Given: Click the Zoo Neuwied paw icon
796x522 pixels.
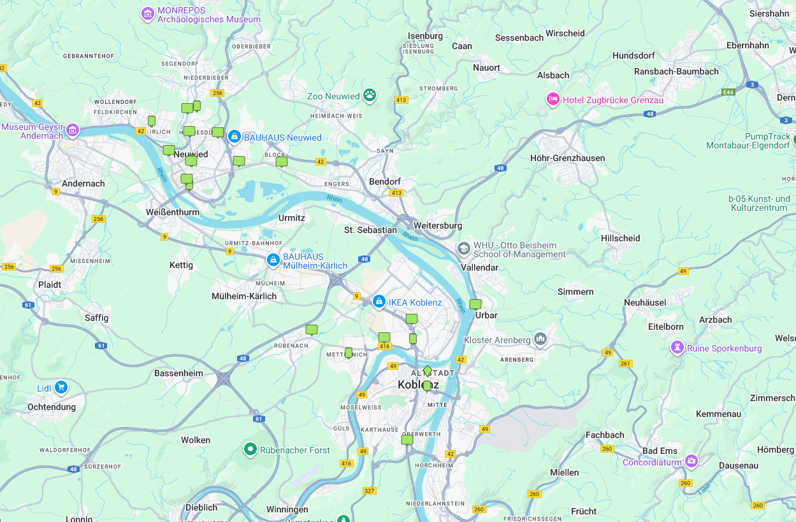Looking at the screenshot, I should click(370, 95).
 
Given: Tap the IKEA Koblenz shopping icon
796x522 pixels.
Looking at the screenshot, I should click(379, 301).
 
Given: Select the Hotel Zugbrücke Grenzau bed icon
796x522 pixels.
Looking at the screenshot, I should click(553, 99).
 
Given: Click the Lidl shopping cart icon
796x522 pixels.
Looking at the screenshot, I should click(61, 387).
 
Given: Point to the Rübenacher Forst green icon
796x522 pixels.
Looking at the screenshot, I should click(250, 450).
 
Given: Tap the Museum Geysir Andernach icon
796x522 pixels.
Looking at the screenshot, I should click(73, 130).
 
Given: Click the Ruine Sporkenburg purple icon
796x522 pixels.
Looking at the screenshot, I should click(677, 348).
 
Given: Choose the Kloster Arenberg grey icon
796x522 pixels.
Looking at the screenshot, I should click(540, 339).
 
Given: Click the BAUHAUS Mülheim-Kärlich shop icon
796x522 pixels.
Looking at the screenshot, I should click(273, 260).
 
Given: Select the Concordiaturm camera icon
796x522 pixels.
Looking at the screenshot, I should click(691, 462).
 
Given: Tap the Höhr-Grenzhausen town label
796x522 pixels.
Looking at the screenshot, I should click(567, 158).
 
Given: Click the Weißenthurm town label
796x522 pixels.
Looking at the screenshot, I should click(172, 212).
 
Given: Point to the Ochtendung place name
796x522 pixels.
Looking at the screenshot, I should click(51, 407).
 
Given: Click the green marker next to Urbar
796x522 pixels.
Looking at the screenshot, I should click(475, 304).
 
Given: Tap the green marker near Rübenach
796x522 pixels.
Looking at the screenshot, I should click(312, 330).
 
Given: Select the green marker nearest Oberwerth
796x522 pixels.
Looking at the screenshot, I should click(407, 439).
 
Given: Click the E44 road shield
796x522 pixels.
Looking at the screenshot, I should click(728, 92).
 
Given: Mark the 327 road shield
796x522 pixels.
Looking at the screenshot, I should click(369, 491).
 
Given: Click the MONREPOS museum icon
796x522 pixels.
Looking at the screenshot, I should click(148, 13).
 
